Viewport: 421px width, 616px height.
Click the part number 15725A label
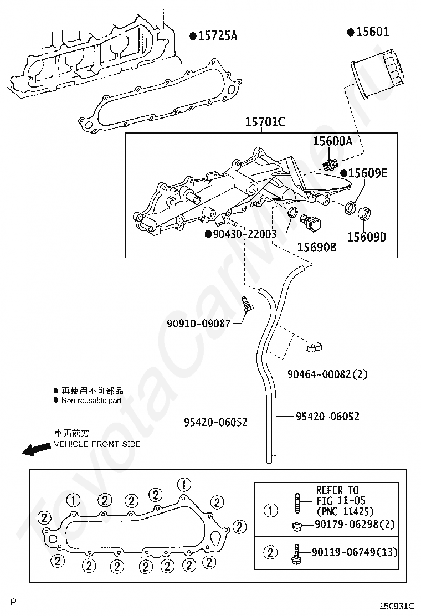coord(218,36)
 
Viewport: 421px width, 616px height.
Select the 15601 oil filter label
coord(372,32)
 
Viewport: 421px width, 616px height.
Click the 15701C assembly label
coord(265,122)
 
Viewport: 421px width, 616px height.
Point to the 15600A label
coord(332,141)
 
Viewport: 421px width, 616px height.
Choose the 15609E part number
coord(368,173)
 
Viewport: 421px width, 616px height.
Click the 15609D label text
coord(367,237)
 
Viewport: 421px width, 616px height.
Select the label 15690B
coord(316,247)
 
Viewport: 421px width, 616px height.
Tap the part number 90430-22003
coord(245,234)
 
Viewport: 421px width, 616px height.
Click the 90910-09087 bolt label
coord(199,324)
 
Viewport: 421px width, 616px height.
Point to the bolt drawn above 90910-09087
coord(247,304)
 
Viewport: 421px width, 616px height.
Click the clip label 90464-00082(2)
coord(327,374)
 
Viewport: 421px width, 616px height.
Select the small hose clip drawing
coord(314,347)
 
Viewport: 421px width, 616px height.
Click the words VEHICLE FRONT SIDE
coord(97,444)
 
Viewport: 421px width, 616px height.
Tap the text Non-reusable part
coord(91,401)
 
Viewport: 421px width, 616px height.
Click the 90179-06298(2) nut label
coord(355,525)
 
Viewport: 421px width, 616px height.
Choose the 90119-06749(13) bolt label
coord(355,552)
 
